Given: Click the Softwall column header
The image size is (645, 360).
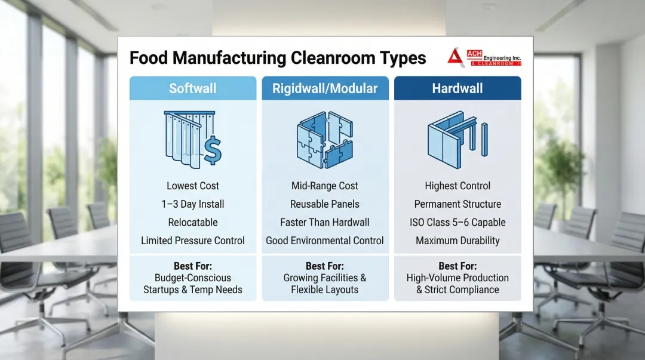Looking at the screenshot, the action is click(x=192, y=88).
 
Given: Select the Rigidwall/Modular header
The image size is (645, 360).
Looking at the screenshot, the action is click(x=325, y=88).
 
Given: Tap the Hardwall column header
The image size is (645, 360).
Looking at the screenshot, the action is click(x=457, y=88).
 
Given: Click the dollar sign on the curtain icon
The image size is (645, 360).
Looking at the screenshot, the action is click(x=213, y=150).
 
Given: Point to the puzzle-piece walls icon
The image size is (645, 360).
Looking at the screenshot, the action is click(x=325, y=140).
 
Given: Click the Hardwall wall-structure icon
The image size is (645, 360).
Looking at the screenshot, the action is click(x=457, y=140).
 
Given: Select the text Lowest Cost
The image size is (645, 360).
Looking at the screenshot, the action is click(x=192, y=186).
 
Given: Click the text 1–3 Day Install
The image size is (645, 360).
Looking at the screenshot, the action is click(x=192, y=204).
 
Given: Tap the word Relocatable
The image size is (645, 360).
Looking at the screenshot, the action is click(x=192, y=222).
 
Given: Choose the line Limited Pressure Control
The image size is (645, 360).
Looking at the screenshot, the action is click(x=192, y=241).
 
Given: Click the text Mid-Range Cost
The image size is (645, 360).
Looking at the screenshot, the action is click(x=325, y=186).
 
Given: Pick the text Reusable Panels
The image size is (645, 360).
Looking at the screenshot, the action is click(x=325, y=204).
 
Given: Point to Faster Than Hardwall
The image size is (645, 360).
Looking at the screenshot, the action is click(x=325, y=222).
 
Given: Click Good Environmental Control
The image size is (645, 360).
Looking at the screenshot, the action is click(x=325, y=241).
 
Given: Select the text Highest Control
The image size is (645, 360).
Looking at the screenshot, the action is click(x=457, y=186).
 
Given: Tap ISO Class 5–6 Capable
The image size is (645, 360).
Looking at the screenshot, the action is click(x=457, y=222).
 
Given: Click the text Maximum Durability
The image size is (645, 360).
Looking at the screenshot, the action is click(x=457, y=241).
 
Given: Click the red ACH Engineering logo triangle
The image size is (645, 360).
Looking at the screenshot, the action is click(x=456, y=57).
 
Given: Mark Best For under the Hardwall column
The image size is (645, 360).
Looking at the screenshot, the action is click(x=457, y=266).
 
